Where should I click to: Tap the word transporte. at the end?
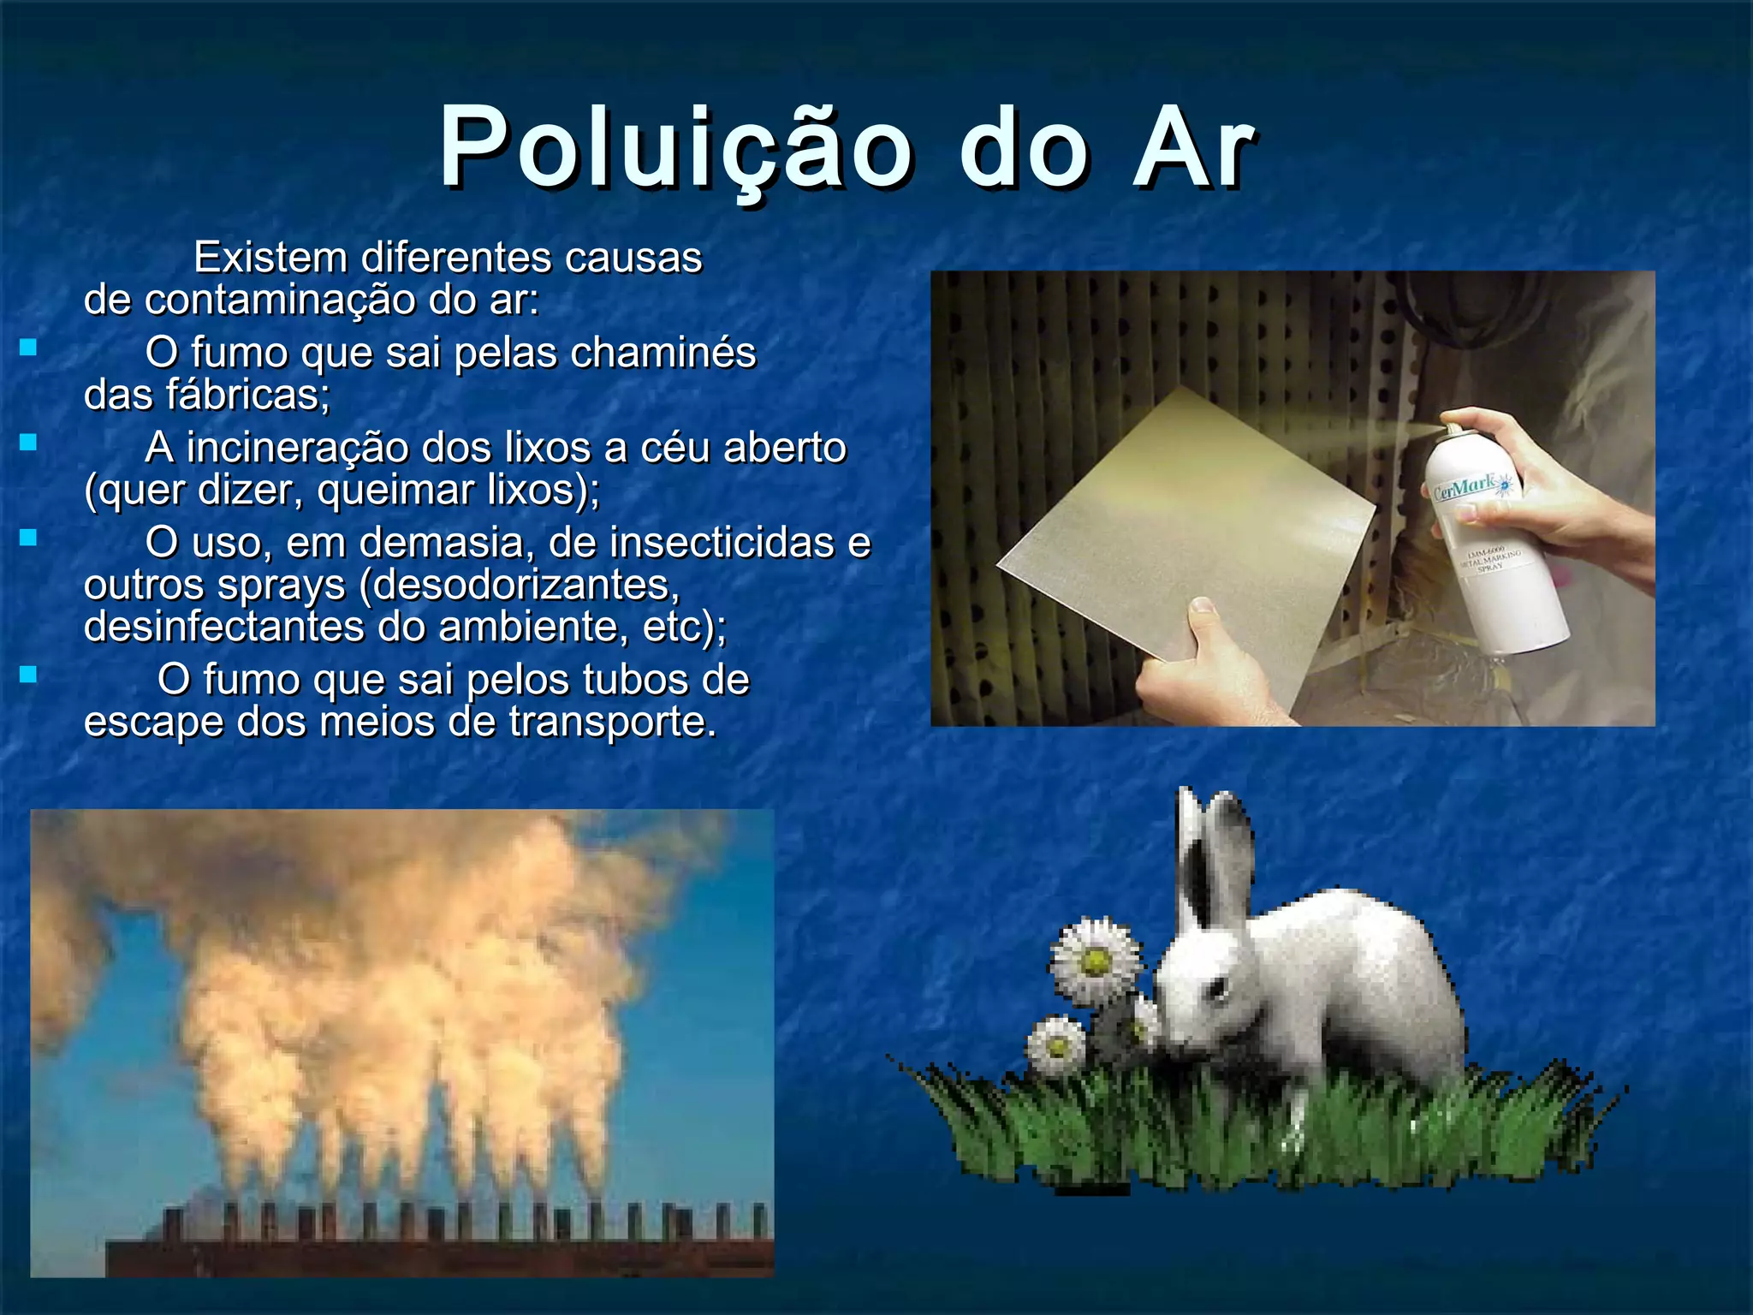point(613,722)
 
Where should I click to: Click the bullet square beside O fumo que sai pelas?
point(29,348)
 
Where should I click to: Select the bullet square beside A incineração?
point(29,443)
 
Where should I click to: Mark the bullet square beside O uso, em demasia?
point(29,538)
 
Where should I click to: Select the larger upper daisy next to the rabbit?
point(1096,961)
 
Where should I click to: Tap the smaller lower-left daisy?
point(1056,1046)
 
